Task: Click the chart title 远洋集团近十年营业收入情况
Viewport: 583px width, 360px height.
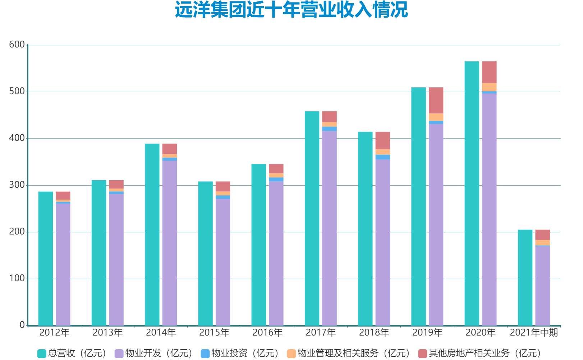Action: tap(291, 10)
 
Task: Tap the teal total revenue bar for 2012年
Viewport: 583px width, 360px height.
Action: tap(46, 259)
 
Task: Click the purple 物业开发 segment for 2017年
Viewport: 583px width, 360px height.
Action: tap(329, 228)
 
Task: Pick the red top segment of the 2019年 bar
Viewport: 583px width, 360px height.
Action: tap(436, 100)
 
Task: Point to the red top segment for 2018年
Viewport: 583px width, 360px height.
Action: tap(382, 141)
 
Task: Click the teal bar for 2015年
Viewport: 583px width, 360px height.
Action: tap(205, 254)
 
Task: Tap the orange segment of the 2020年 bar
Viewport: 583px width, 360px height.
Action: tap(489, 87)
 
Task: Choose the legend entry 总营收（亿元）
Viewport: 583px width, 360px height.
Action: tap(72, 353)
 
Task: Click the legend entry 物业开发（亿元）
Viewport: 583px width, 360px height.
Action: tap(154, 353)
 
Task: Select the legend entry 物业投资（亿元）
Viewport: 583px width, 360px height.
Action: tap(240, 353)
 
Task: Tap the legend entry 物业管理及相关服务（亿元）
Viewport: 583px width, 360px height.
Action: tap(349, 353)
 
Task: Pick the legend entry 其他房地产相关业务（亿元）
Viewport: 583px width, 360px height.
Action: tap(480, 353)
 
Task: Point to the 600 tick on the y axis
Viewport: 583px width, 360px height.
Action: tap(17, 45)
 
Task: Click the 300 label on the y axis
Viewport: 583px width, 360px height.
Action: tap(17, 185)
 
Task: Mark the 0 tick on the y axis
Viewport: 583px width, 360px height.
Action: tap(22, 325)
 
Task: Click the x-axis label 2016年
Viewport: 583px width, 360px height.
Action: tap(267, 332)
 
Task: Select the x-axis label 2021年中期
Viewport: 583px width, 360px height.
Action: tap(534, 332)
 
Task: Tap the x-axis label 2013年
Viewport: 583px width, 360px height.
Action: tap(107, 332)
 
